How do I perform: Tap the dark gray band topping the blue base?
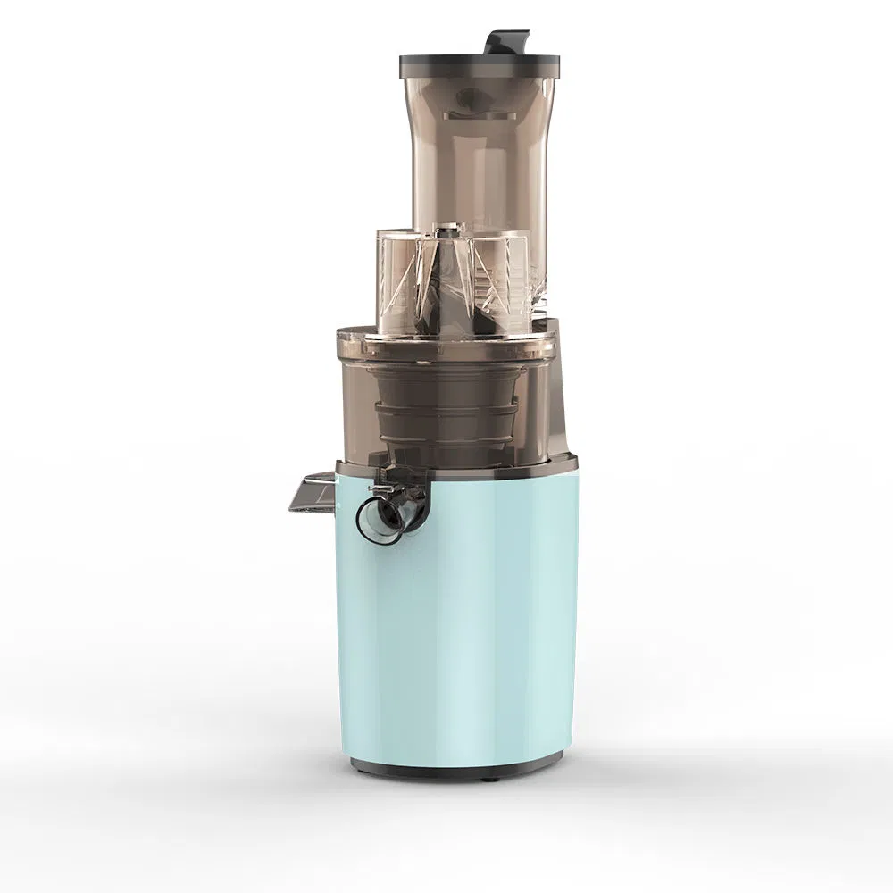pyautogui.click(x=500, y=465)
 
